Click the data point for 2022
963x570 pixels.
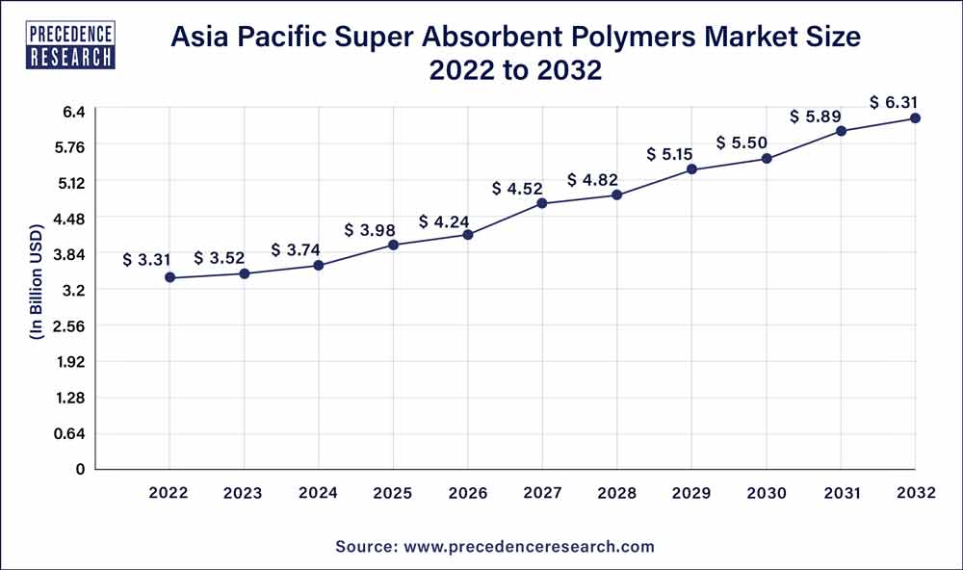(169, 277)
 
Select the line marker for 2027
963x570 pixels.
(542, 203)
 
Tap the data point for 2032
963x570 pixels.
(915, 118)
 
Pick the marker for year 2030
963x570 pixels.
(767, 158)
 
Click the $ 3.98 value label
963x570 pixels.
(370, 230)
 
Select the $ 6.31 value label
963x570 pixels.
(895, 102)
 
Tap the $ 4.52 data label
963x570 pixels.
(517, 188)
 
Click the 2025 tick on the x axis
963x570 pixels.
(393, 493)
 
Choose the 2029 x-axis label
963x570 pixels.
(691, 493)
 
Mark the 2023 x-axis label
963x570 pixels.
(244, 493)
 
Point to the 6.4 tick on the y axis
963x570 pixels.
(75, 111)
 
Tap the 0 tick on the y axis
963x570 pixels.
(81, 469)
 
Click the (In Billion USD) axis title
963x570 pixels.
(37, 282)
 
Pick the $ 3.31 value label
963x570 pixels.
(147, 260)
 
